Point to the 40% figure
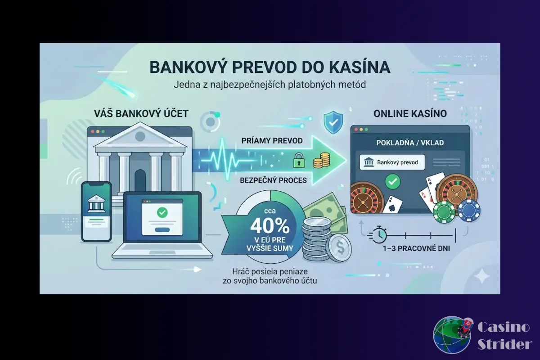pyautogui.click(x=264, y=224)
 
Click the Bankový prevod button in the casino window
pyautogui.click(x=392, y=162)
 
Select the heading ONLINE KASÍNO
pyautogui.click(x=410, y=114)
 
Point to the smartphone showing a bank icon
pyautogui.click(x=96, y=211)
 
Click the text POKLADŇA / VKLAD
pyautogui.click(x=410, y=143)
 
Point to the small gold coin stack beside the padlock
pyautogui.click(x=321, y=161)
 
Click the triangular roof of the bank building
pyautogui.click(x=140, y=135)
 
